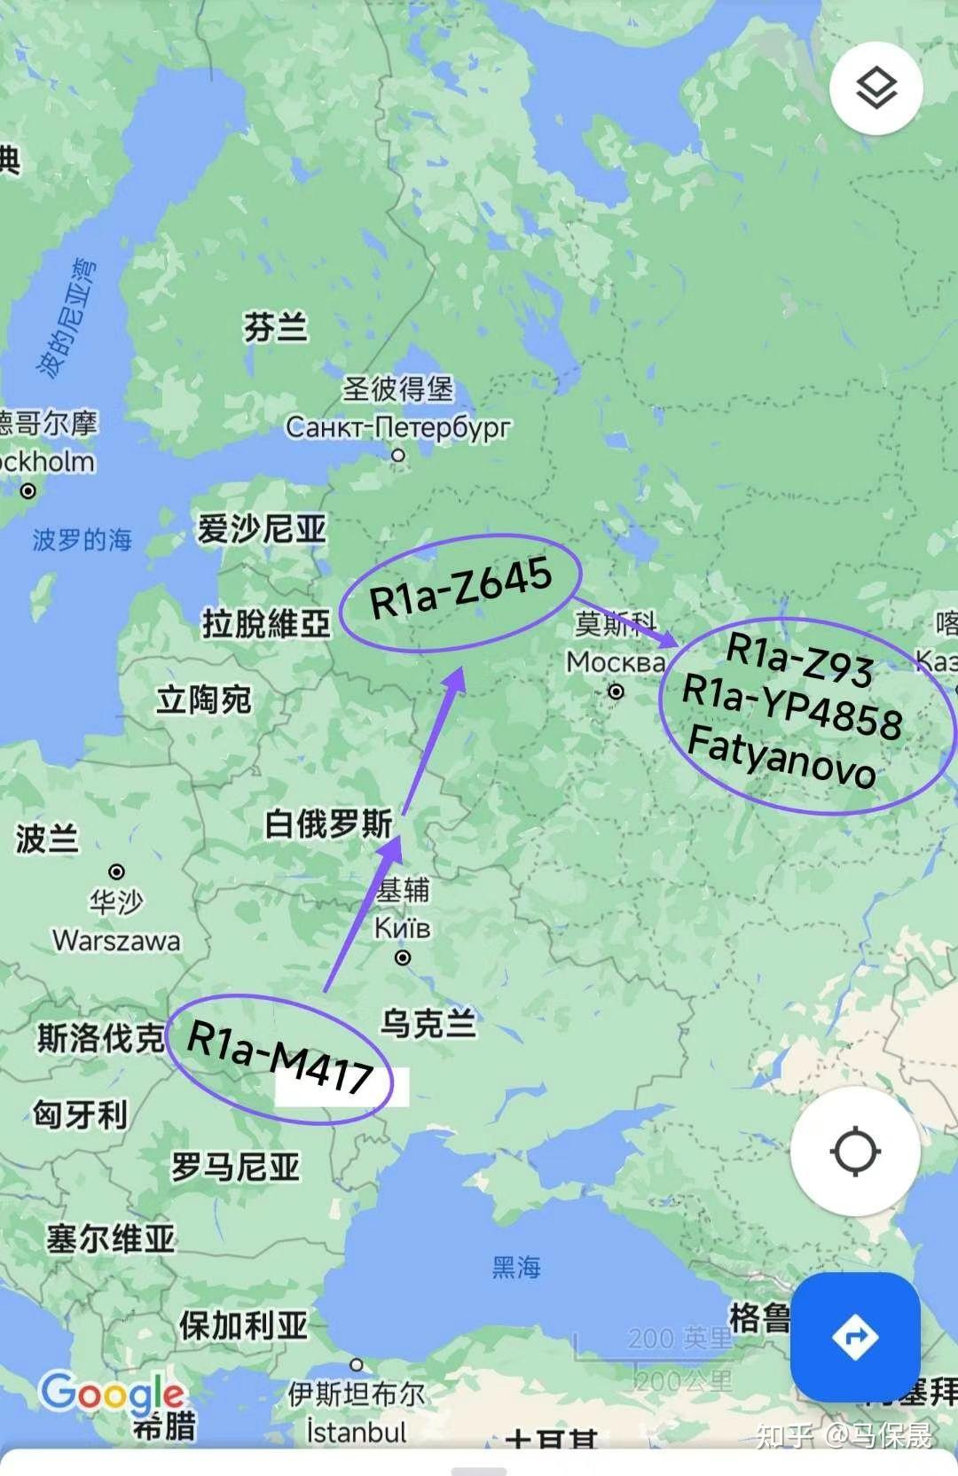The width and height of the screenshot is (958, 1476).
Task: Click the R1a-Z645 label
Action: [460, 589]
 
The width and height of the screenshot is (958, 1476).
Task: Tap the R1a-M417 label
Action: [280, 1057]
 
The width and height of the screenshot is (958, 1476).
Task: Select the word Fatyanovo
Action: [781, 756]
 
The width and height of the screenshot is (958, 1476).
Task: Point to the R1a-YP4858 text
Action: [792, 707]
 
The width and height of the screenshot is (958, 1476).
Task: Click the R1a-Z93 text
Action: [799, 659]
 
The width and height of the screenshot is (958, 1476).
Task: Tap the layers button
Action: [876, 88]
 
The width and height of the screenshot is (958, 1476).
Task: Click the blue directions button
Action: [854, 1336]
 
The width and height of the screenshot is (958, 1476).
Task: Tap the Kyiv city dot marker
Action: [403, 957]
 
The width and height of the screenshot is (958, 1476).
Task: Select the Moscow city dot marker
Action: [616, 691]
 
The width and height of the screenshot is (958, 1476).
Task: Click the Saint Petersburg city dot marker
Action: [398, 455]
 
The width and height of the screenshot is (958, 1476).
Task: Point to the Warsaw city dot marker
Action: [116, 871]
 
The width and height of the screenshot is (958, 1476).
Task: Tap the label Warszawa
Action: [116, 940]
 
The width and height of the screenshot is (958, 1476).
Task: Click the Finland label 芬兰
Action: [276, 327]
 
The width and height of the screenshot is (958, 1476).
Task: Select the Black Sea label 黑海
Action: [516, 1267]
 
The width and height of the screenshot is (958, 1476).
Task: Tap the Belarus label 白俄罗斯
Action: [328, 824]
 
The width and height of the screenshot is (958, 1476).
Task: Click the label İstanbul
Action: [356, 1432]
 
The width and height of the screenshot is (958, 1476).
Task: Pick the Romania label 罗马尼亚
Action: [235, 1167]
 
